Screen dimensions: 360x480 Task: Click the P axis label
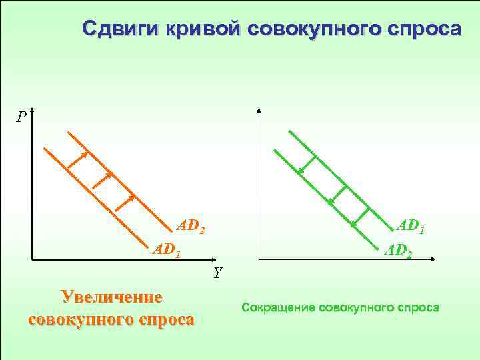(22, 117)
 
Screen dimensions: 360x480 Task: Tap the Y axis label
(218, 272)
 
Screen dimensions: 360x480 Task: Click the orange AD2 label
(190, 227)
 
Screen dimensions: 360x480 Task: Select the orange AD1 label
(166, 251)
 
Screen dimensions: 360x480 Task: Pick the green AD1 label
(410, 227)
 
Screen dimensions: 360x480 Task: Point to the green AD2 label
(399, 251)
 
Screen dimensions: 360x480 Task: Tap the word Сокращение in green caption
(279, 307)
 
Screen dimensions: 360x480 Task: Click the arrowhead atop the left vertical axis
(32, 111)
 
